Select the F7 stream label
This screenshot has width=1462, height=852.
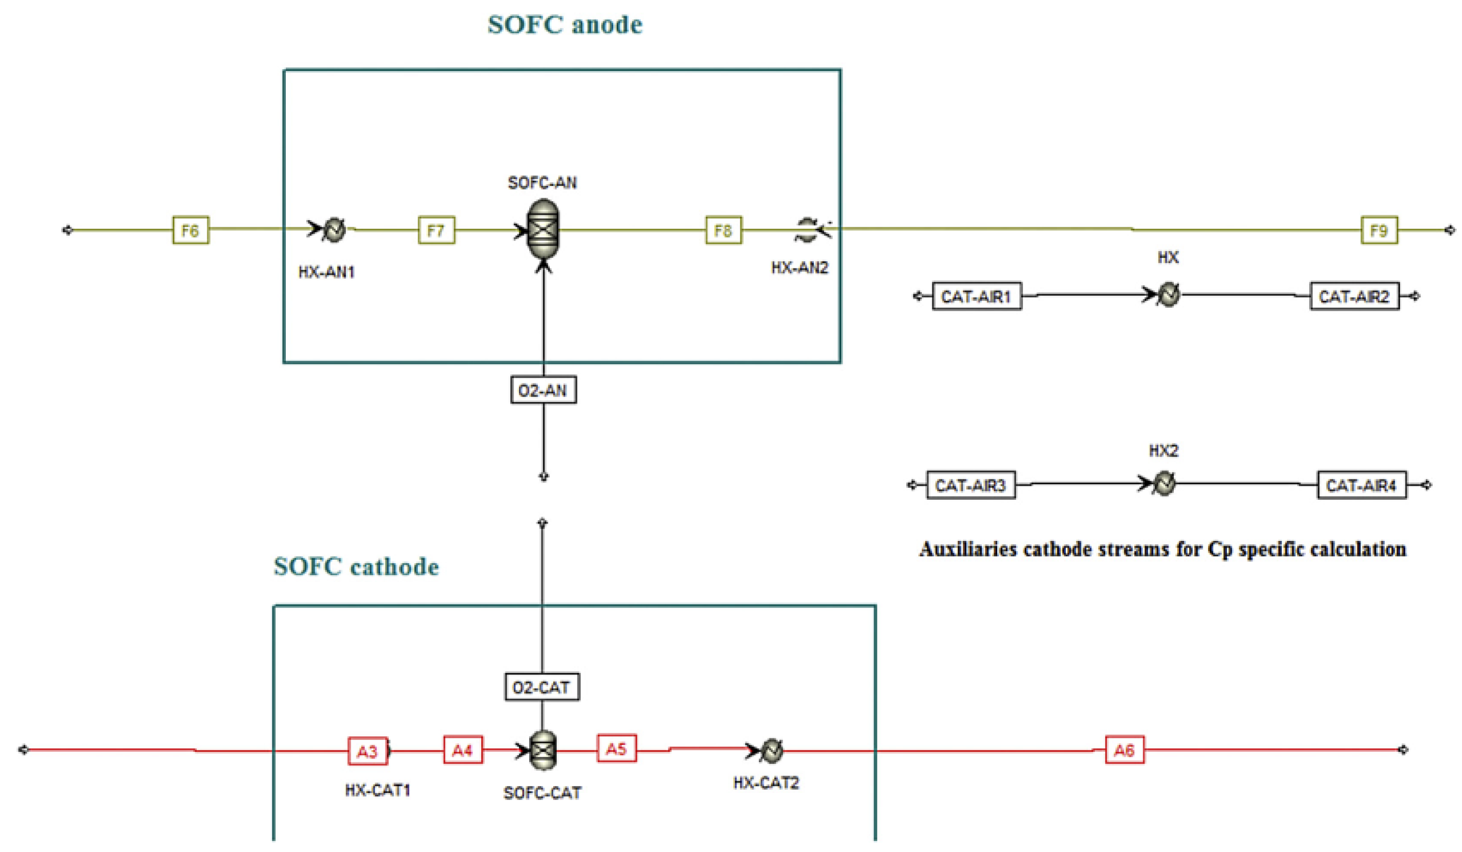click(x=436, y=230)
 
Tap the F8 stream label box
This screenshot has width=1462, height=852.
click(x=724, y=230)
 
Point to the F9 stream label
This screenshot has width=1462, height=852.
click(x=1379, y=230)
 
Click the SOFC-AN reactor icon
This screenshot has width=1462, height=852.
click(x=543, y=229)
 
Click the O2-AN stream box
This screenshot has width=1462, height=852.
click(x=543, y=390)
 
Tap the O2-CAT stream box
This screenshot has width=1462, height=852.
click(x=542, y=687)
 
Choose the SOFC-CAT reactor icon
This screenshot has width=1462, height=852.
click(x=543, y=750)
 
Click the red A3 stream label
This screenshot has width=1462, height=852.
click(x=367, y=751)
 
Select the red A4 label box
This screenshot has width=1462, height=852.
click(x=462, y=750)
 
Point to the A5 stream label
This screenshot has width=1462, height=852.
click(x=616, y=748)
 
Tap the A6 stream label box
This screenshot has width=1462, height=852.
click(x=1124, y=750)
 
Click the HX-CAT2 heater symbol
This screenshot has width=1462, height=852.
click(x=771, y=750)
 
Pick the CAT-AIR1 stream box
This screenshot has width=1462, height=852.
click(x=976, y=297)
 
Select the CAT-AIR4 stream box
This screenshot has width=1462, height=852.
click(x=1361, y=485)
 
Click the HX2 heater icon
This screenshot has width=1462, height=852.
click(x=1163, y=483)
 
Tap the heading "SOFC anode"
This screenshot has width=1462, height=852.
click(x=564, y=25)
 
